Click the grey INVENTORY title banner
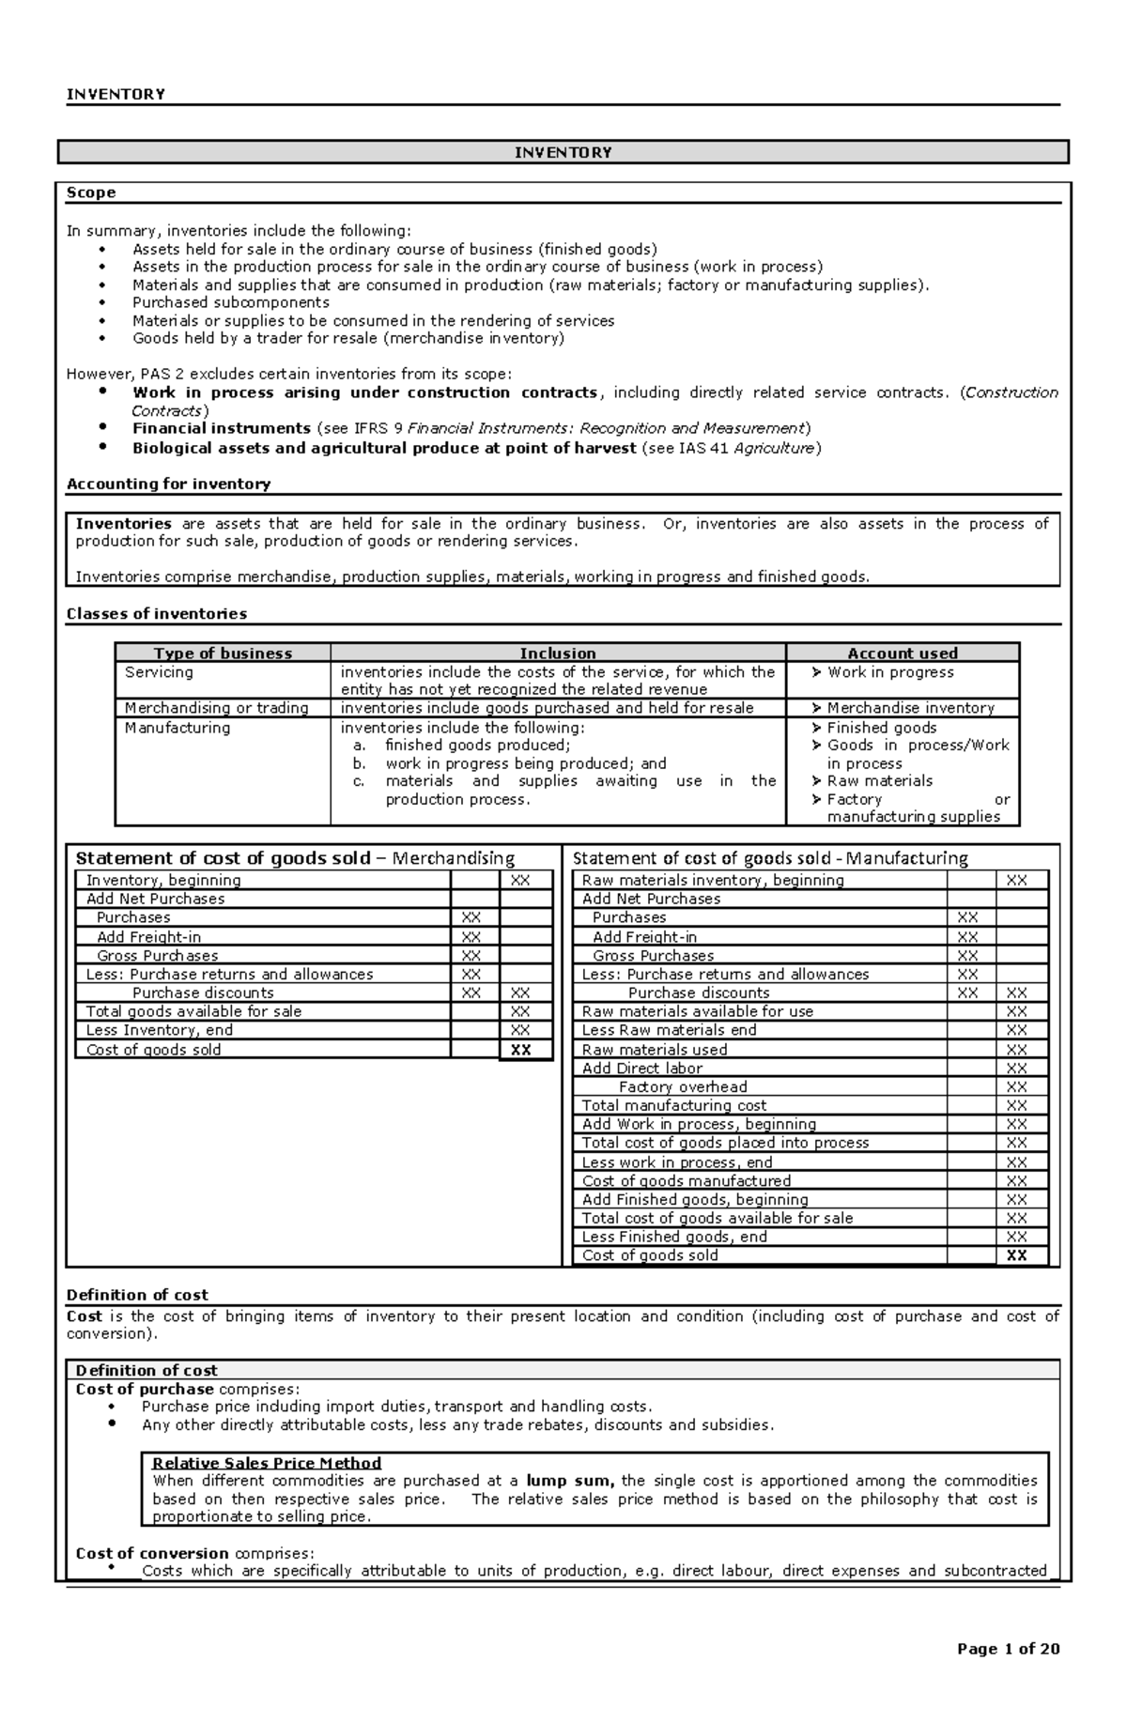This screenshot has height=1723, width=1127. tap(563, 152)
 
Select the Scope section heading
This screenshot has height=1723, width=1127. tap(91, 192)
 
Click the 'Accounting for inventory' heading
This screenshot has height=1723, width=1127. tap(168, 484)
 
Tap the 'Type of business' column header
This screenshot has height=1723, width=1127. tap(223, 653)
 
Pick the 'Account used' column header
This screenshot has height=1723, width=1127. tap(902, 653)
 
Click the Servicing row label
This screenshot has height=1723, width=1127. tap(159, 672)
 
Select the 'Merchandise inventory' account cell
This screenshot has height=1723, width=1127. tap(909, 708)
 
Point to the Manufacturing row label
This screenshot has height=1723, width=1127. tap(178, 728)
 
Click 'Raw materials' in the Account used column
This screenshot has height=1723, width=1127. tap(879, 780)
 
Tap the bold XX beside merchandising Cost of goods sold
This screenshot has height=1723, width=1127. tap(520, 1050)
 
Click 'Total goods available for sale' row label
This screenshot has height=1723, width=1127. tap(193, 1011)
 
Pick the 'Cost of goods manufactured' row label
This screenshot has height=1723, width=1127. tap(686, 1180)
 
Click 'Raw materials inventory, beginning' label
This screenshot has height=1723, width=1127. tap(712, 880)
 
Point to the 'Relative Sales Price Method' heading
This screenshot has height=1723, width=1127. tap(267, 1463)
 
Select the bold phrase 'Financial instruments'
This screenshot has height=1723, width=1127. tap(221, 428)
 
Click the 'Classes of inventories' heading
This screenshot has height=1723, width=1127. tap(156, 613)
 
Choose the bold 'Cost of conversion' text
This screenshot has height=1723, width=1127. tap(152, 1553)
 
